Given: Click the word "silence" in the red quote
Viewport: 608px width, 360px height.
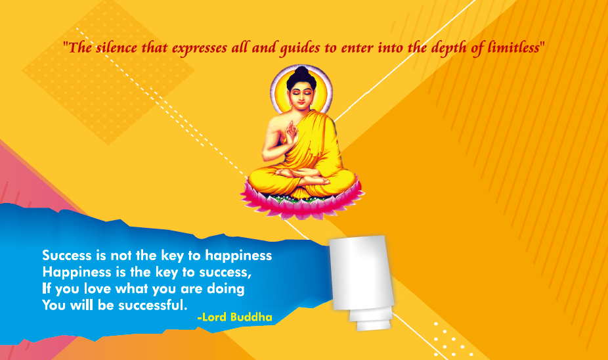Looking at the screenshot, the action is tap(116, 48).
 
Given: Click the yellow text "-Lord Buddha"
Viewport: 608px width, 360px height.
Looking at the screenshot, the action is tap(234, 317).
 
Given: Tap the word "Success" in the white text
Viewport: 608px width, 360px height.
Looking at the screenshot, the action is tap(67, 256).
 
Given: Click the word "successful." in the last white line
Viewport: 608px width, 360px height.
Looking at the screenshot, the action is tap(153, 305).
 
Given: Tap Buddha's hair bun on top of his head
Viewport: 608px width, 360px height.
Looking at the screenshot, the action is tap(301, 72).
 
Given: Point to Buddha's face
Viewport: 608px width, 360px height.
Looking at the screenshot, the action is tap(301, 95).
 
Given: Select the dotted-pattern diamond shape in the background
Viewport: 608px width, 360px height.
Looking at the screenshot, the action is tap(109, 72).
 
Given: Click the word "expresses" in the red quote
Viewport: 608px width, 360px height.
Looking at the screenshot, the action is tap(200, 49).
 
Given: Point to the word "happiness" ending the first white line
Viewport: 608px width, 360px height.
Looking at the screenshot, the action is tap(238, 256).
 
